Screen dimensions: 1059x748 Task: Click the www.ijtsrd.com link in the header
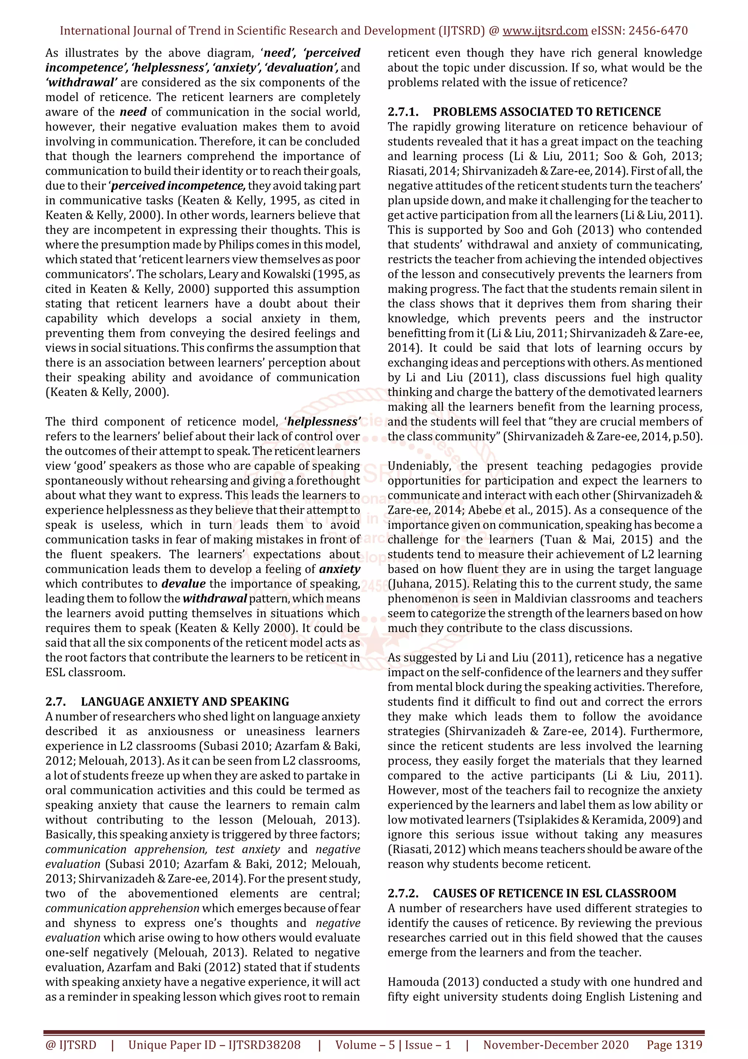[545, 31]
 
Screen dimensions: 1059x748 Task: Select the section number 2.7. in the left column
[55, 701]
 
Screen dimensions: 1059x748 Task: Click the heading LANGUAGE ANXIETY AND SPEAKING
[185, 701]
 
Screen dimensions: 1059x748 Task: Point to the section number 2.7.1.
[403, 112]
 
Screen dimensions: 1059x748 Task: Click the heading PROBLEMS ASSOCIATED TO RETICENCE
[547, 112]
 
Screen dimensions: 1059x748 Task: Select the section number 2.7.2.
[403, 893]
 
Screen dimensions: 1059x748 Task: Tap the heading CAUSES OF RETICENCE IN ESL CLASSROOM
[554, 893]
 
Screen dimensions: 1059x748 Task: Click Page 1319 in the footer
[674, 1045]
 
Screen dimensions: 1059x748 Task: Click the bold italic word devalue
[183, 584]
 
